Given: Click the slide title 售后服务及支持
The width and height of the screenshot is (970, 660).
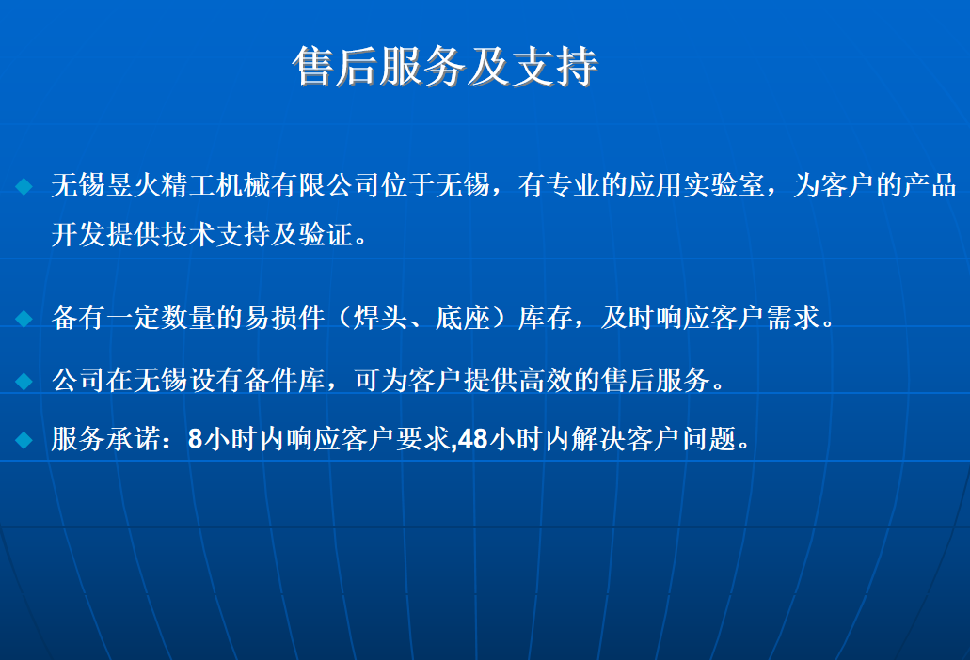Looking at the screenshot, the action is [x=445, y=66].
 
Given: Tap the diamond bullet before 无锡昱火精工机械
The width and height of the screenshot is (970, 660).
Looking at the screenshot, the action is [x=24, y=186].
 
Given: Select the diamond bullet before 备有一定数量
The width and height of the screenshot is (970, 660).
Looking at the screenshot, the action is [x=24, y=319].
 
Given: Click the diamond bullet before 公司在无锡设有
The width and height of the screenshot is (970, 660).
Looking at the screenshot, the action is [x=24, y=381].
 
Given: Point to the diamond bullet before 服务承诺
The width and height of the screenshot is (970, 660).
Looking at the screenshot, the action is [x=24, y=440].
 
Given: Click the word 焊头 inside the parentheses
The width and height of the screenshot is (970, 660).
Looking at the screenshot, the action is [x=380, y=318].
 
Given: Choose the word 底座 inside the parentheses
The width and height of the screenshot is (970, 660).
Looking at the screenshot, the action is [x=463, y=318].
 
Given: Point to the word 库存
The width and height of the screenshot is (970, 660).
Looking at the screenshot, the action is [x=545, y=318].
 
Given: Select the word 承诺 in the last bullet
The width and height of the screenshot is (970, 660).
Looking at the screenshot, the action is [x=133, y=439].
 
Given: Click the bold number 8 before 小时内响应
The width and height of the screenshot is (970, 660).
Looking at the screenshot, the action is [x=195, y=439].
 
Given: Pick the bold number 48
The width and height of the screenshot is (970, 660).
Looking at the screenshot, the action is [x=473, y=439].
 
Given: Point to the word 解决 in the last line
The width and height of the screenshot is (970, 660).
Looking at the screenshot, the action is [x=597, y=439].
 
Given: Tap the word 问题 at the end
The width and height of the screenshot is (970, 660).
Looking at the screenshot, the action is [x=709, y=439].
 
